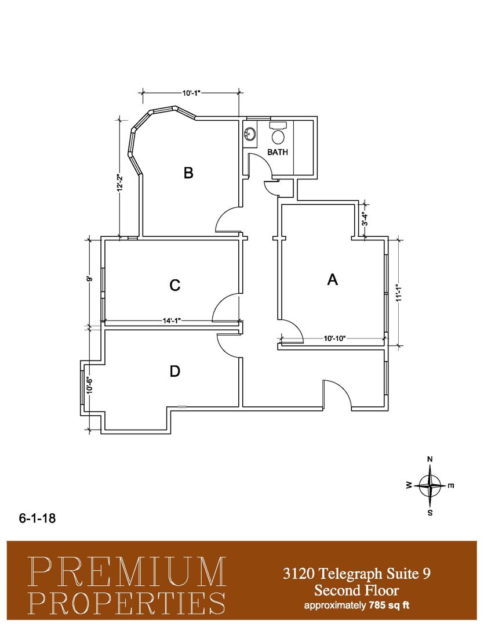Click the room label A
point(332,279)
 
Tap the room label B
point(188,173)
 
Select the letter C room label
point(175,285)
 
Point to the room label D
point(175,371)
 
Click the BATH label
point(278,152)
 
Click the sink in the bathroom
point(250,134)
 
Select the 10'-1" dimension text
point(191,93)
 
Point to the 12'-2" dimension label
point(119,183)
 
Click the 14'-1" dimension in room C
point(172,320)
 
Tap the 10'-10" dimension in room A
point(334,338)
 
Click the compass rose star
point(430,485)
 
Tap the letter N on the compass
point(430,459)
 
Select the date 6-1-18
point(37,518)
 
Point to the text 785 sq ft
point(388,605)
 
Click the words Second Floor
point(356,590)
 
